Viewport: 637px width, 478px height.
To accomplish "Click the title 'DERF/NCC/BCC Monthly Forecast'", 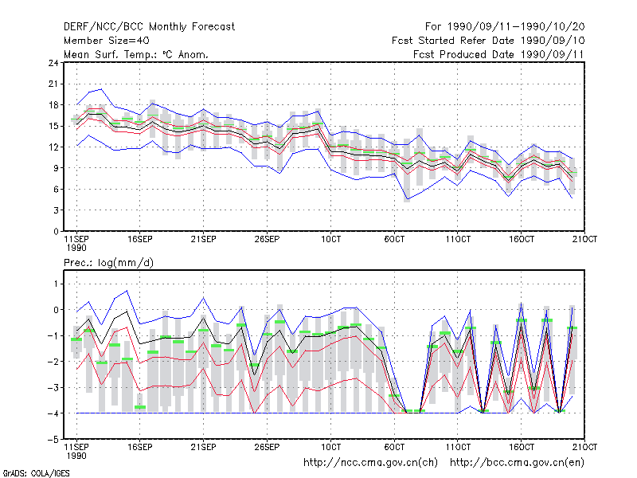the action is [x=149, y=27].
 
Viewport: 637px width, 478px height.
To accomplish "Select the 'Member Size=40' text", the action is [x=107, y=41].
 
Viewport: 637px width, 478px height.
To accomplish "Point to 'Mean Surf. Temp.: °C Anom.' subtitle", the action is [x=135, y=54].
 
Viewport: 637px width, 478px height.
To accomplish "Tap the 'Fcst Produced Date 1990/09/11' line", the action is [x=498, y=54].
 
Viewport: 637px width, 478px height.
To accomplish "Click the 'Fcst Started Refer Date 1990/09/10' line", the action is [x=488, y=41].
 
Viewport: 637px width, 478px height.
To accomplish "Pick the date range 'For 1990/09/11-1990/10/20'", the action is [x=505, y=27].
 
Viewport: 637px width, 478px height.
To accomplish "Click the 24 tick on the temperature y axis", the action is [x=53, y=63].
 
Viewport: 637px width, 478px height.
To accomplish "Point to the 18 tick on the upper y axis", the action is [x=53, y=105].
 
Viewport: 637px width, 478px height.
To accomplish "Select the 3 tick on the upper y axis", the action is [x=56, y=210].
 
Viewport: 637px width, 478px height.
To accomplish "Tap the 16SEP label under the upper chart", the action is [x=140, y=239].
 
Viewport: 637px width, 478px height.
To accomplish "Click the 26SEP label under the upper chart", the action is [x=267, y=239].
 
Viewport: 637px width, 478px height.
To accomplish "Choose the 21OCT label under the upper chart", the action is [x=584, y=239].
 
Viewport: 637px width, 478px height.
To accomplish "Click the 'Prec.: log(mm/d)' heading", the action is [x=108, y=263].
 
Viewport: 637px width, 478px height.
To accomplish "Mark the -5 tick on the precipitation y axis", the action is [x=53, y=440].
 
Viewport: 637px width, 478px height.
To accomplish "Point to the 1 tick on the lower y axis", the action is [x=56, y=284].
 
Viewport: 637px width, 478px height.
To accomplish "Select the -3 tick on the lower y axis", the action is [x=53, y=387].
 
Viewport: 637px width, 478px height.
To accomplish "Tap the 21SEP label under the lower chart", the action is [x=203, y=447].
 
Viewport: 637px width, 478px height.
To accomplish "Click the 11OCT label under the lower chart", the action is [x=458, y=447].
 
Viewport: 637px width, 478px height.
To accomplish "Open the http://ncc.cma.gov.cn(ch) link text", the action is [x=370, y=463].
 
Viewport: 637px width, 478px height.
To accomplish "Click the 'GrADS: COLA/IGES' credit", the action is [x=36, y=473].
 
